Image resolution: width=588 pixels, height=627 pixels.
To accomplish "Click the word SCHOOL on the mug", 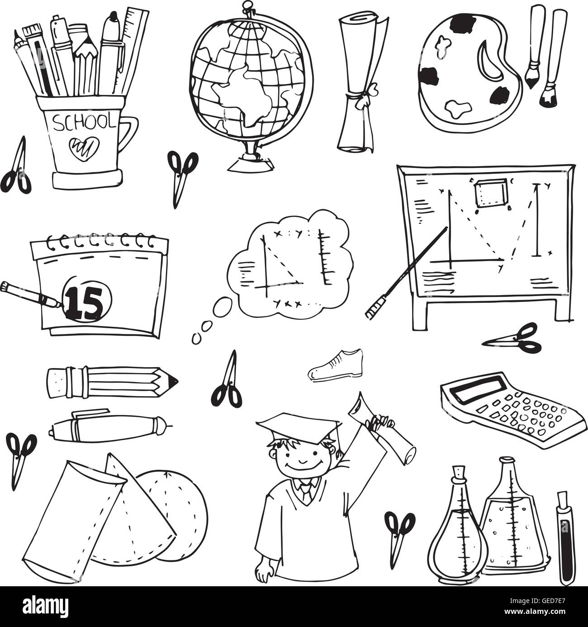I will pos(84,122).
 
